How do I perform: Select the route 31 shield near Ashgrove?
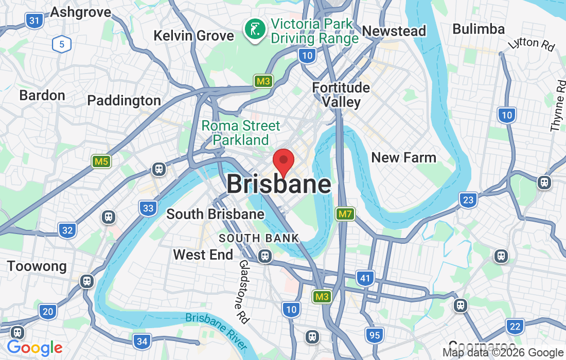pyautogui.click(x=34, y=21)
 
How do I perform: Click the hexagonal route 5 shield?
pyautogui.click(x=61, y=44)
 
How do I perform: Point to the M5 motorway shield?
pyautogui.click(x=101, y=161)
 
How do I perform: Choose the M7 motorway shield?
pyautogui.click(x=345, y=213)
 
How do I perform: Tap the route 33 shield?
pyautogui.click(x=148, y=208)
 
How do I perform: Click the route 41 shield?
pyautogui.click(x=365, y=279)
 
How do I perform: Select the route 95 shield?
pyautogui.click(x=375, y=335)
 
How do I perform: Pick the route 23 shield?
pyautogui.click(x=468, y=200)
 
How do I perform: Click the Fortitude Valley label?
pyautogui.click(x=341, y=95)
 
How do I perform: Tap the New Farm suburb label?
pyautogui.click(x=403, y=157)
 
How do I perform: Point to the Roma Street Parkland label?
pyautogui.click(x=241, y=133)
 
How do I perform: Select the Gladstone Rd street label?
pyautogui.click(x=243, y=292)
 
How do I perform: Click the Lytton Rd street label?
pyautogui.click(x=531, y=44)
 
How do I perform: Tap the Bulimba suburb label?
pyautogui.click(x=479, y=29)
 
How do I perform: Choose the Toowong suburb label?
pyautogui.click(x=37, y=266)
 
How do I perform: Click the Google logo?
pyautogui.click(x=34, y=348)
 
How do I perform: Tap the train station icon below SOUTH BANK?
pyautogui.click(x=265, y=255)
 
